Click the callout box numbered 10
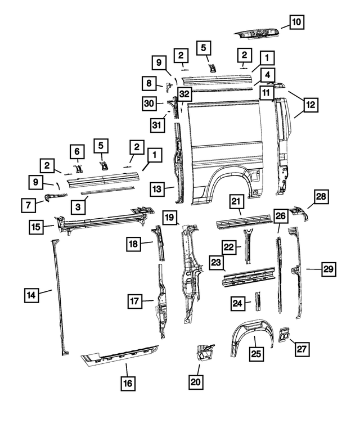pyautogui.click(x=296, y=22)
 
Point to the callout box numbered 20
pyautogui.click(x=196, y=383)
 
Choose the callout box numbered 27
pyautogui.click(x=302, y=349)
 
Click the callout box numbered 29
pyautogui.click(x=328, y=269)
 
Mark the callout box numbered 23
pyautogui.click(x=217, y=263)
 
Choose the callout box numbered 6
pyautogui.click(x=78, y=152)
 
